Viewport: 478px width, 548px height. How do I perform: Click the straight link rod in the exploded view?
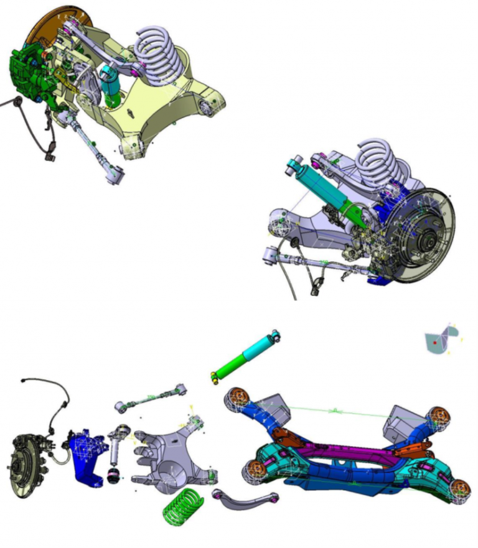pyautogui.click(x=153, y=398)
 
